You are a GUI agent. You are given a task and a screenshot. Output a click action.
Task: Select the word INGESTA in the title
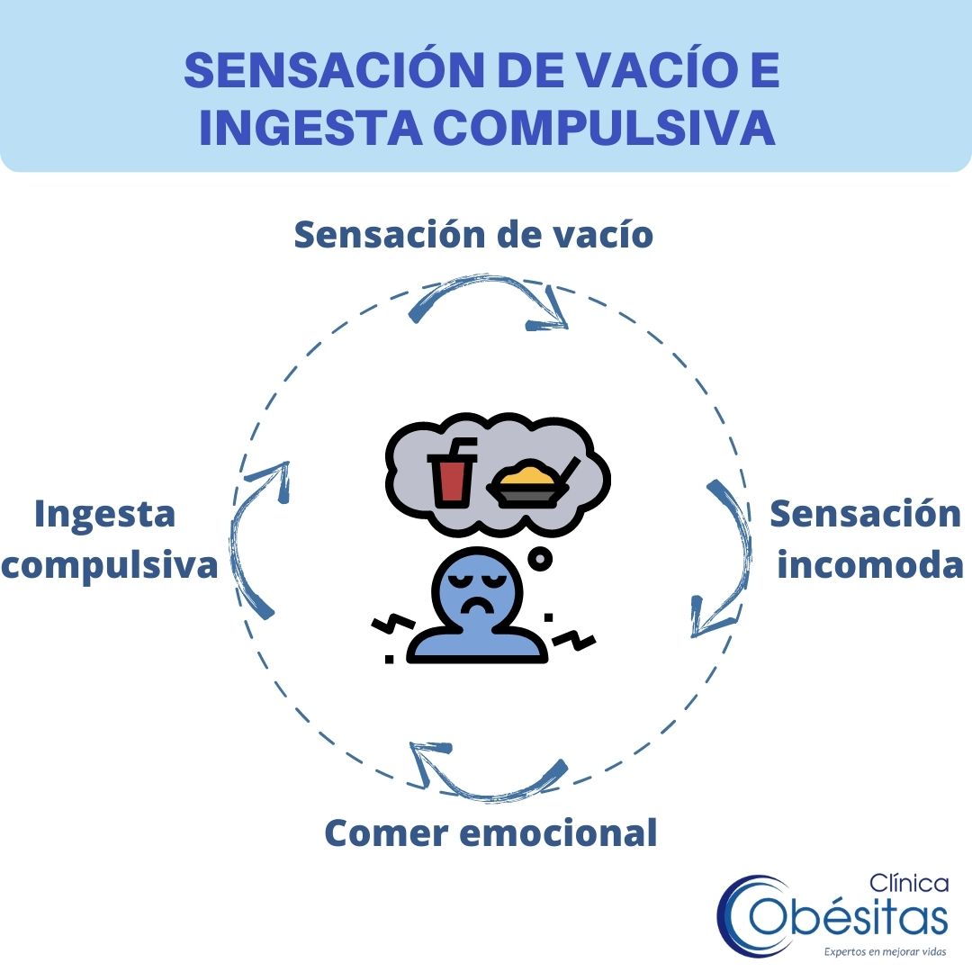310,127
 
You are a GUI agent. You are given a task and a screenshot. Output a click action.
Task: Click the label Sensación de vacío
473,234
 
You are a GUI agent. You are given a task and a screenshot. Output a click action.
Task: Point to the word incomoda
870,564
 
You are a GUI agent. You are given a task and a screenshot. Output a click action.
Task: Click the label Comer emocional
490,832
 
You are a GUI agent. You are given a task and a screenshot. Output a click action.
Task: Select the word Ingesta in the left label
104,515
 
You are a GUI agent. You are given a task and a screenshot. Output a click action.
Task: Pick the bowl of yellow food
531,482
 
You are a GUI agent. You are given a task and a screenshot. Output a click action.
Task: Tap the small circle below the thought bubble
540,559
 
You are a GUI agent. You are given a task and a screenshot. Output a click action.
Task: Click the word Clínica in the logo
909,883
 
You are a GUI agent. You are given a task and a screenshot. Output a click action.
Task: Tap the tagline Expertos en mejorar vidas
886,951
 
